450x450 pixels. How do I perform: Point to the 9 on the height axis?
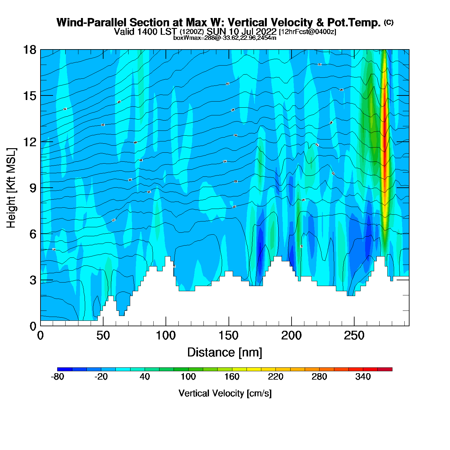coord(33,188)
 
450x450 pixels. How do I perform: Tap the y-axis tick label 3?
coord(33,280)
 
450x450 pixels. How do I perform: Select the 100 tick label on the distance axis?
coord(166,336)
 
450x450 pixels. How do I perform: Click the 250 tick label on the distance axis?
coord(354,336)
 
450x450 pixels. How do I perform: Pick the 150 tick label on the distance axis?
coord(229,336)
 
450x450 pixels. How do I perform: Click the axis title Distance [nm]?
coord(225,353)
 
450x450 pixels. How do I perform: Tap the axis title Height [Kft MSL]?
coord(11,188)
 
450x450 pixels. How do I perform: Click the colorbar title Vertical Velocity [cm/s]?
coord(225,393)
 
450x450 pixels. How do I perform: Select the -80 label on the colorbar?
coord(57,377)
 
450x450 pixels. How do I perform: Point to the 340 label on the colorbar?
coord(363,377)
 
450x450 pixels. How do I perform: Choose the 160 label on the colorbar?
coord(232,377)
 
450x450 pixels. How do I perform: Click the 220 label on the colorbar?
coord(275,377)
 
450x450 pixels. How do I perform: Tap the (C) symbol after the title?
coord(389,22)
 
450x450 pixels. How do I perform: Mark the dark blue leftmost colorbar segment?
coord(65,369)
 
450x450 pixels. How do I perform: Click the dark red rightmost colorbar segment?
coord(385,369)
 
